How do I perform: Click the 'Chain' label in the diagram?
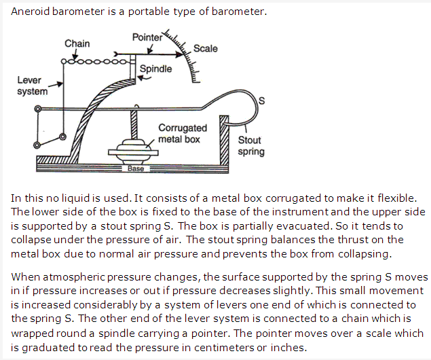pos(77,43)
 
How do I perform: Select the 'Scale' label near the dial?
pos(205,48)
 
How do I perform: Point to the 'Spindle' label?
pos(155,69)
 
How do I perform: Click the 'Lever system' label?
pos(32,86)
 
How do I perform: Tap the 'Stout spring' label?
pos(250,146)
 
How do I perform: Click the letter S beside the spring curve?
pos(261,101)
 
